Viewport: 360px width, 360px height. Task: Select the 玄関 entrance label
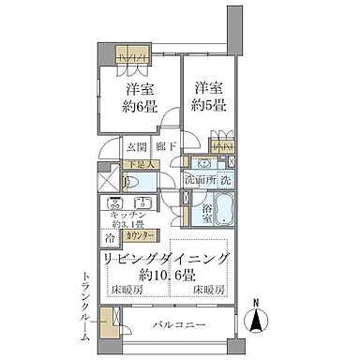point(137,147)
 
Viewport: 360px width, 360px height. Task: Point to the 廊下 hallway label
point(165,147)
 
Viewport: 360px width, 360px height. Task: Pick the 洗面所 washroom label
point(199,178)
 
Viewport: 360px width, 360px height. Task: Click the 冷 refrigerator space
point(111,237)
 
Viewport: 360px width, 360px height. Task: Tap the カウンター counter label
point(142,237)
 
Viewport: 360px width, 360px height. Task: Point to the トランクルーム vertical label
point(87,305)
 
